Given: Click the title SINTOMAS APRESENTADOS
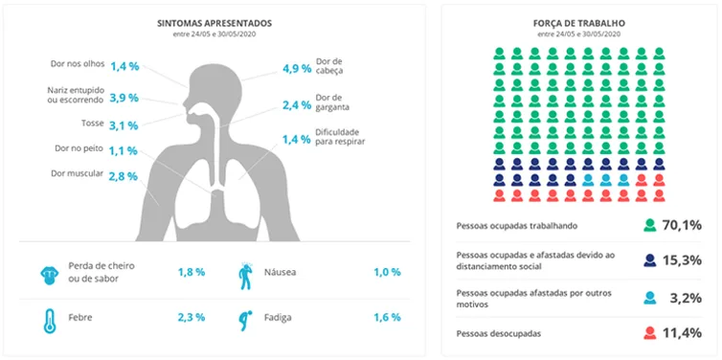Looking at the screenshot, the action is click(x=214, y=23).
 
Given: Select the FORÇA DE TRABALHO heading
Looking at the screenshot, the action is click(x=578, y=23).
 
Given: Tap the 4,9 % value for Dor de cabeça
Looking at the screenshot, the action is click(x=297, y=69).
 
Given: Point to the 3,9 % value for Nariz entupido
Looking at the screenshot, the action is click(x=124, y=98).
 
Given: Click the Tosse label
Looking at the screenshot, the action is click(x=93, y=123).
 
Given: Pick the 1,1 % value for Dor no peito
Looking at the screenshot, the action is click(x=124, y=150).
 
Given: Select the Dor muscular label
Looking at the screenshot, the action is click(x=78, y=173).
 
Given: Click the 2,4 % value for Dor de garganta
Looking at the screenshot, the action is click(x=297, y=105).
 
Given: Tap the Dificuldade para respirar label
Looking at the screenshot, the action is click(x=340, y=137).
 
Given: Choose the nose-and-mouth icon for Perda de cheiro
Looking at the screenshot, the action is click(x=49, y=275).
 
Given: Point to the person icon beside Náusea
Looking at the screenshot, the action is click(x=245, y=276).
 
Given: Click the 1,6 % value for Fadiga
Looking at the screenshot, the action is click(x=387, y=317).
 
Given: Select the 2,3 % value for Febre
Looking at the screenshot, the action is click(x=192, y=317).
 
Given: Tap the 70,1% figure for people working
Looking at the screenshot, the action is click(x=682, y=225).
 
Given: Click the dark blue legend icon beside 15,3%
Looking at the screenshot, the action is click(x=650, y=260).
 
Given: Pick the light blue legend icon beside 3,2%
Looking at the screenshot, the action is click(x=650, y=298).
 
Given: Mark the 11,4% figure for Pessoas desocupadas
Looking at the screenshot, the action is click(x=682, y=332).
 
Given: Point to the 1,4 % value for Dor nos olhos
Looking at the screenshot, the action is click(x=124, y=66).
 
